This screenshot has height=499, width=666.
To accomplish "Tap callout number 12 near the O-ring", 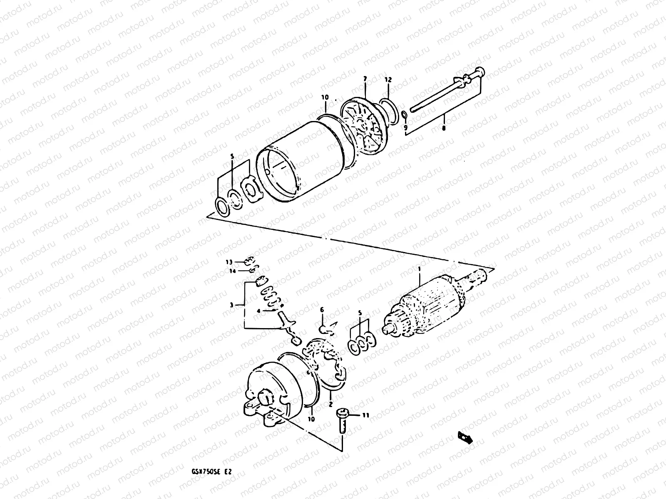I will click(388, 79).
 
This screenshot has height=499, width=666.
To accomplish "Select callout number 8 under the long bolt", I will click(444, 128).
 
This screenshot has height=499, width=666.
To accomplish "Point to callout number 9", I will click(405, 128).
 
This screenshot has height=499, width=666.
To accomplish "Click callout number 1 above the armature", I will click(420, 269).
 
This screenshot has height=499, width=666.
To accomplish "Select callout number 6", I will click(322, 309).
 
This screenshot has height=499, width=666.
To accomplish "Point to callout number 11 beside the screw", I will click(366, 415).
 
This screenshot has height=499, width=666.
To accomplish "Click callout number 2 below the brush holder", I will click(330, 403).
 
